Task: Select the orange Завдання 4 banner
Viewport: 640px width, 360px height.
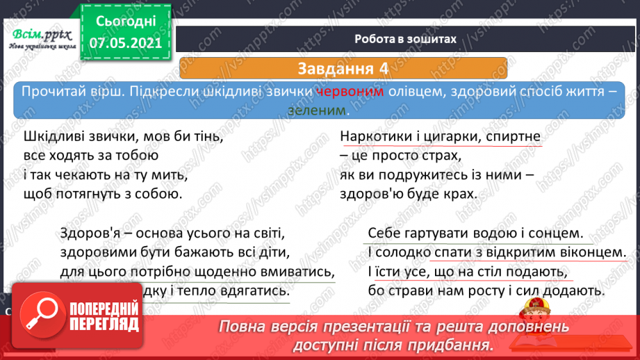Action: tap(343, 69)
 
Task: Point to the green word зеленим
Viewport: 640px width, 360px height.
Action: tap(318, 111)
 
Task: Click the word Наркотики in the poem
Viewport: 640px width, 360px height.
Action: tap(379, 137)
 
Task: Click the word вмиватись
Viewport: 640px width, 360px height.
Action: tap(297, 271)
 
